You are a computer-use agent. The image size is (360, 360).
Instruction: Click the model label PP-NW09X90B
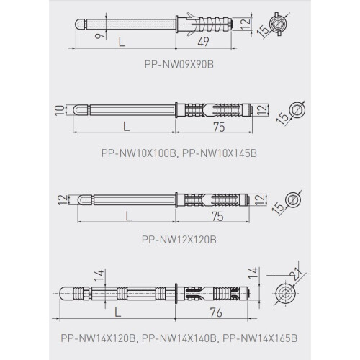(179, 64)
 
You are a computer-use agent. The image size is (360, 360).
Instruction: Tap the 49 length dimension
(204, 42)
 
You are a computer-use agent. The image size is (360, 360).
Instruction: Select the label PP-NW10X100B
(139, 153)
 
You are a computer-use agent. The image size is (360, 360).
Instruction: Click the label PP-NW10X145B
(220, 153)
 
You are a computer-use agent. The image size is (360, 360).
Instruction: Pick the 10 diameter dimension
(60, 110)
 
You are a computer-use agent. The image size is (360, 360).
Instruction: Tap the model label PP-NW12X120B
(179, 240)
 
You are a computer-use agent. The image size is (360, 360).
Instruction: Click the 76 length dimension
(216, 312)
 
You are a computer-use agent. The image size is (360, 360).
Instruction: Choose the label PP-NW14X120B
(99, 338)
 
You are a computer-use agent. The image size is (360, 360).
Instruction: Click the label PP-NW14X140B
(179, 338)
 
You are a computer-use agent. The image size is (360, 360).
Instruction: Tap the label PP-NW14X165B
(260, 338)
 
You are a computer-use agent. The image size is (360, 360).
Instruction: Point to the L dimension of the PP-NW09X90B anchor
(122, 42)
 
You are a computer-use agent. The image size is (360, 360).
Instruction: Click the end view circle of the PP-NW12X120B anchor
(292, 199)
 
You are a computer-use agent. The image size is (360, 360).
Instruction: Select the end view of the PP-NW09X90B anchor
(279, 24)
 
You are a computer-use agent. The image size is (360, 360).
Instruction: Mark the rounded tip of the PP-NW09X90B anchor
(80, 24)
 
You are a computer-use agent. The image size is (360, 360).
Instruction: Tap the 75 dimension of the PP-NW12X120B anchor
(217, 217)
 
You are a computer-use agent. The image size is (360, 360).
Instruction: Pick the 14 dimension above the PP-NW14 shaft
(99, 275)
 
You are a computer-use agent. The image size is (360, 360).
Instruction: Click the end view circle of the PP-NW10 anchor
(297, 110)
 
